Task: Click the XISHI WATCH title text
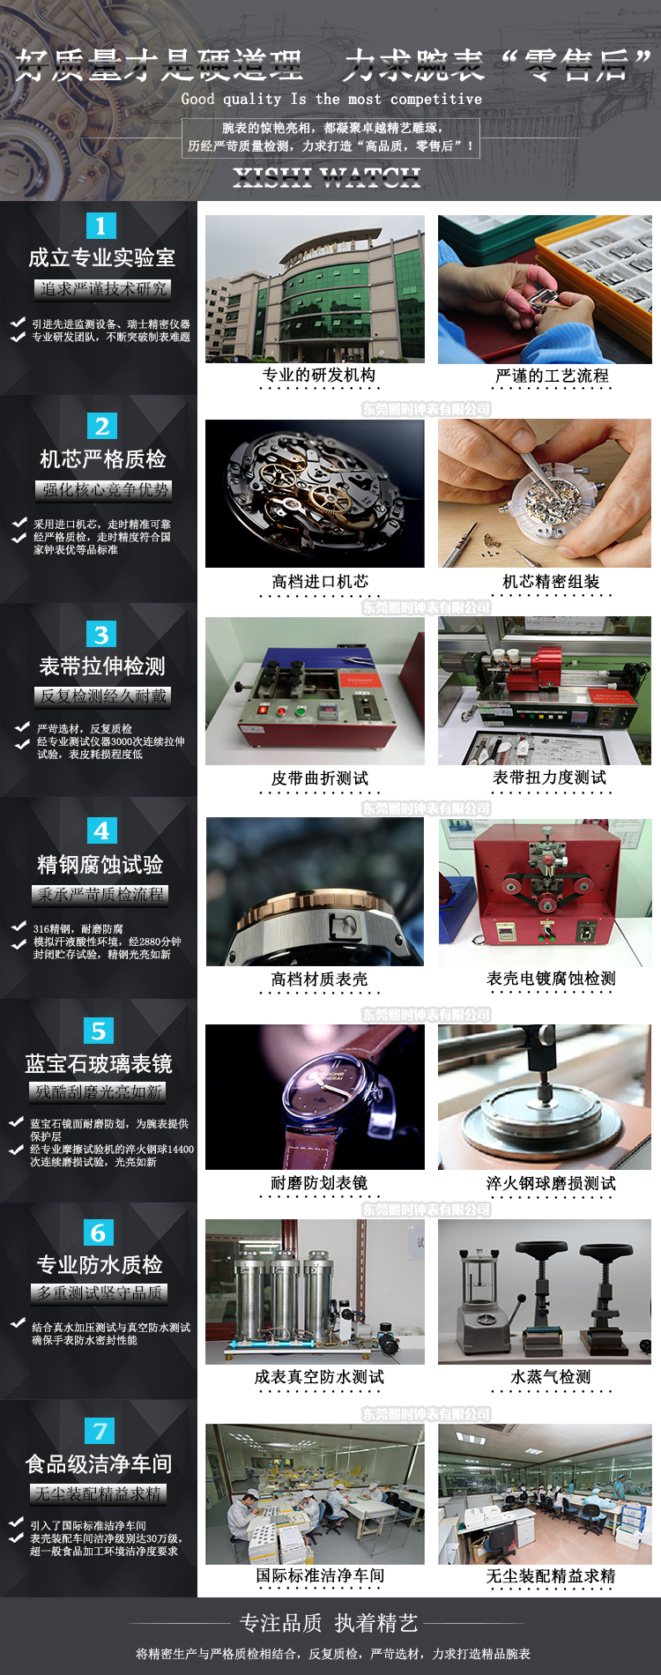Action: pos(327,177)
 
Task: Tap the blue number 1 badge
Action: pos(100,226)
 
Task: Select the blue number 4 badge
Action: pos(101,830)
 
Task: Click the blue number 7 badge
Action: pos(100,1431)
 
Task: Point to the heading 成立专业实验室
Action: pos(101,257)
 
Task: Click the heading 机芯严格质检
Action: pos(102,458)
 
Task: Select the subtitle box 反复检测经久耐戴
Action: pos(102,696)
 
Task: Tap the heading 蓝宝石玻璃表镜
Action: pos(99,1063)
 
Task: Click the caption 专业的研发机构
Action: pos(318,375)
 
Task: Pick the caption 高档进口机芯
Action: pos(320,581)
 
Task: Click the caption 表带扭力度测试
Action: pos(549,777)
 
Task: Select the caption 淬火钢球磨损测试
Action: pos(551,1183)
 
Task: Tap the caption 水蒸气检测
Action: pos(551,1376)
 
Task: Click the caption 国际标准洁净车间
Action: pos(320,1574)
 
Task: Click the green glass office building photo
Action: pos(315,289)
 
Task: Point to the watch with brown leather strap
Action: pos(315,1097)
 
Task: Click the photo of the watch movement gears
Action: pos(315,493)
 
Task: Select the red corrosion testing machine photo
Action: pos(545,892)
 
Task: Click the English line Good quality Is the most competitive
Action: pos(331,99)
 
